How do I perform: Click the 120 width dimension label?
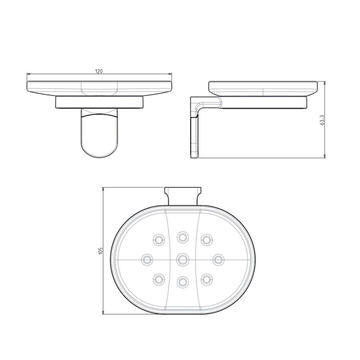(99, 71)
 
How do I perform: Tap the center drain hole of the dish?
(183, 259)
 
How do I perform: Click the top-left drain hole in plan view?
(159, 240)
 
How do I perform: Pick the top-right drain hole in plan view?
(206, 240)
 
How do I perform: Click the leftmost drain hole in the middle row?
(148, 259)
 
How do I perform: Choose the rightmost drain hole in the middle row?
(218, 259)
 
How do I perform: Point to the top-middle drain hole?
(183, 237)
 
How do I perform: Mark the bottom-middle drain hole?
(183, 282)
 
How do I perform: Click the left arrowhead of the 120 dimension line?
(28, 74)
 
